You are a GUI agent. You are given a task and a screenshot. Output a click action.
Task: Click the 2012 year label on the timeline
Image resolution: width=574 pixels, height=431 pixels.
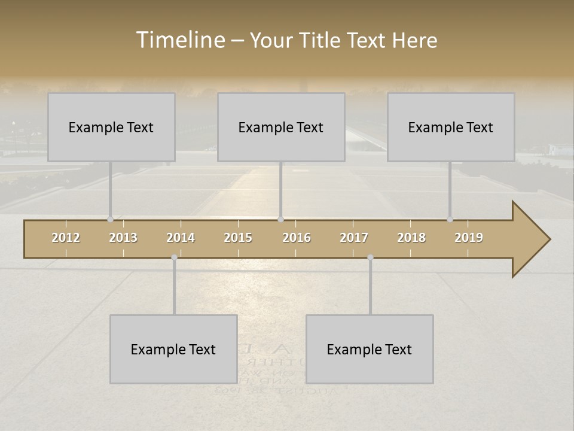(x=66, y=238)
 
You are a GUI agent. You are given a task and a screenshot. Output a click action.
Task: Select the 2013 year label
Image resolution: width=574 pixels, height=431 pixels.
(x=123, y=238)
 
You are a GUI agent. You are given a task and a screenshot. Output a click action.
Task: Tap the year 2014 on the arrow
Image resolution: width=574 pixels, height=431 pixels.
(x=181, y=238)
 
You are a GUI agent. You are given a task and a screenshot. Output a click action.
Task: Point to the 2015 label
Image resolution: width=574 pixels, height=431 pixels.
(x=238, y=238)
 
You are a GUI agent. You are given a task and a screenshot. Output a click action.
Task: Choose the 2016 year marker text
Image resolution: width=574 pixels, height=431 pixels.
(x=297, y=238)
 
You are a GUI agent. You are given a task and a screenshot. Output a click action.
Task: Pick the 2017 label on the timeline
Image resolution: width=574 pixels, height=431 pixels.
(x=354, y=238)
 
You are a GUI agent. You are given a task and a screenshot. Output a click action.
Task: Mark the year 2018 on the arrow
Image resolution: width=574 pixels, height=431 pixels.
(x=411, y=238)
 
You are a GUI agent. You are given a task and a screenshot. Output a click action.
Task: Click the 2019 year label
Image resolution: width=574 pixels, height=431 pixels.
(x=469, y=238)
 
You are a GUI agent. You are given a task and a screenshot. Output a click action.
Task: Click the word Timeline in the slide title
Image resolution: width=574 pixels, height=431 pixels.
(x=180, y=40)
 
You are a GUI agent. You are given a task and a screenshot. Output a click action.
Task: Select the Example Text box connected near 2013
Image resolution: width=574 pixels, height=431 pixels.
(x=111, y=127)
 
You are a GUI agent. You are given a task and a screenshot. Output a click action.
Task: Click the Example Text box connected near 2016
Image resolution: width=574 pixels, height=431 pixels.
(x=281, y=127)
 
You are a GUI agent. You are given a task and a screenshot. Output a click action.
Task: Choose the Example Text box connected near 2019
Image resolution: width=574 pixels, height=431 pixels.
(x=451, y=127)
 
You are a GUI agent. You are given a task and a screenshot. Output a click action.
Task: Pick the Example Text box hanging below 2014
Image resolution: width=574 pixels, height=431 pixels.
(x=173, y=349)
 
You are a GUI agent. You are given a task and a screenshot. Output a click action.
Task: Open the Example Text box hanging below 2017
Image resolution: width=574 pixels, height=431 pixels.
(x=370, y=349)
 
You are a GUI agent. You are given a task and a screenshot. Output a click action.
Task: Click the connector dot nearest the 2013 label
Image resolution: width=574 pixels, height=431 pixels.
(x=110, y=219)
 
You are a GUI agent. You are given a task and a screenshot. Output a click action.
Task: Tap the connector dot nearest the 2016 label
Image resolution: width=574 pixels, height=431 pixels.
(x=280, y=219)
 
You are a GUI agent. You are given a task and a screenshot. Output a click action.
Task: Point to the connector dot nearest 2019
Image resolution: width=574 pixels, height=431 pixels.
(x=450, y=219)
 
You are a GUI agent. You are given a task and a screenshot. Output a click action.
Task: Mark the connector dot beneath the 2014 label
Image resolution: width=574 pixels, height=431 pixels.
(x=174, y=257)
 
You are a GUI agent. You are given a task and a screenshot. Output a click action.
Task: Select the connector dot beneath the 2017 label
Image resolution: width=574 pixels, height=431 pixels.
(x=370, y=257)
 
